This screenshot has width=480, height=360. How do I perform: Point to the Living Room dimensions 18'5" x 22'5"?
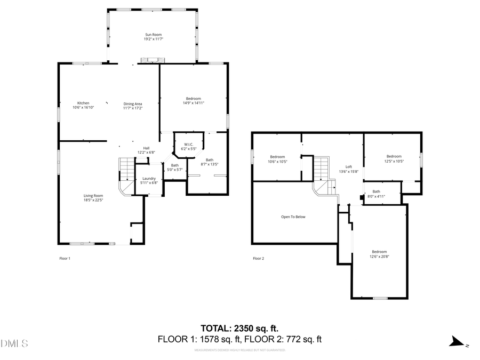pyautogui.click(x=93, y=201)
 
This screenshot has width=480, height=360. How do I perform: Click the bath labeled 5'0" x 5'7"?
pyautogui.click(x=175, y=167)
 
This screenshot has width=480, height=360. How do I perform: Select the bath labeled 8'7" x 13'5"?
pyautogui.click(x=210, y=162)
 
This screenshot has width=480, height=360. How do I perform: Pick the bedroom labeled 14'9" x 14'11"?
pyautogui.click(x=193, y=100)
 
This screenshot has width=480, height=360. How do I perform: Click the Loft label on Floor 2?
pyautogui.click(x=349, y=169)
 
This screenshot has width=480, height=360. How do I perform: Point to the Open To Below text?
pyautogui.click(x=293, y=217)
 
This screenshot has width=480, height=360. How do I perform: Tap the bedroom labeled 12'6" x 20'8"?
pyautogui.click(x=379, y=254)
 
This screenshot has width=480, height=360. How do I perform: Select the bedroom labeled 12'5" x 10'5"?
pyautogui.click(x=394, y=158)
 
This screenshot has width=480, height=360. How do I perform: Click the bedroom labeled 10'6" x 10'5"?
pyautogui.click(x=277, y=159)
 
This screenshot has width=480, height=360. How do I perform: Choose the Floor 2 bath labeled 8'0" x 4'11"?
pyautogui.click(x=377, y=194)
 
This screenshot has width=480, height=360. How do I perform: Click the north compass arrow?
pyautogui.click(x=456, y=342)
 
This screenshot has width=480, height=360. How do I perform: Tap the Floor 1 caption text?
pyautogui.click(x=65, y=259)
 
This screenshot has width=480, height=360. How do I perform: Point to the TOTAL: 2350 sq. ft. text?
pyautogui.click(x=239, y=328)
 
